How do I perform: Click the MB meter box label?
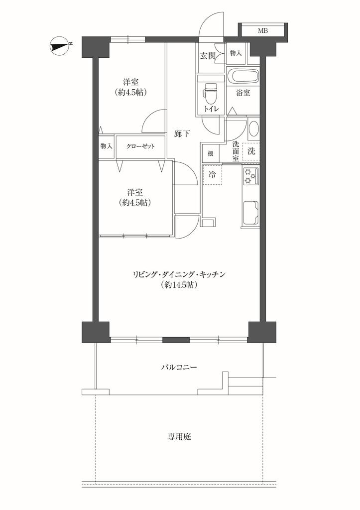[263, 31]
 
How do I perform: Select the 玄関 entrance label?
[208, 56]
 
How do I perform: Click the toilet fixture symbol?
[210, 92]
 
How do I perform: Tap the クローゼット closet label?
[140, 146]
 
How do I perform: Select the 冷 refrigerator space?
[212, 175]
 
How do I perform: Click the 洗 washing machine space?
[251, 151]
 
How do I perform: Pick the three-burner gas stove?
[250, 176]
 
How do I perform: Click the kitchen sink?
[250, 213]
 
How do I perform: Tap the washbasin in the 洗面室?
[253, 129]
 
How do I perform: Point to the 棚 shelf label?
[211, 153]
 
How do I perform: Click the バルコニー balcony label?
[179, 368]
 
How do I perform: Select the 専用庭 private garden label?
[179, 437]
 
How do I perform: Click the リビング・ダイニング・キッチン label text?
[179, 274]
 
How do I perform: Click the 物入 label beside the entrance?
[236, 53]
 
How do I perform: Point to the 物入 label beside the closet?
[107, 146]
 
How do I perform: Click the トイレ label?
[211, 109]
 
